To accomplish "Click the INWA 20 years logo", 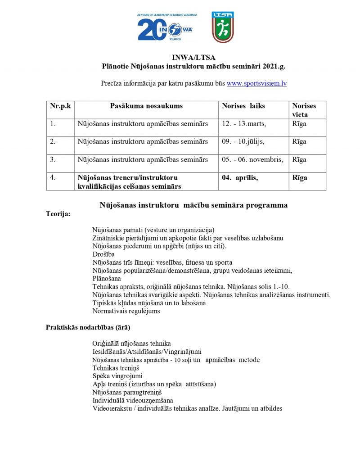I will point(165,27).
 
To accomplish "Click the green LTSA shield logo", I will point(223,27).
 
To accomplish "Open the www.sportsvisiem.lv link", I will point(256,83).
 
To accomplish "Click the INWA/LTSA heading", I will point(193,58).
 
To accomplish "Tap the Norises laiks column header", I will point(243,106).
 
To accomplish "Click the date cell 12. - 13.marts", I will point(244,124).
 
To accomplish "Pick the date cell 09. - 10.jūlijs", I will point(243,142).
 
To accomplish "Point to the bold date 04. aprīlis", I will point(240,178).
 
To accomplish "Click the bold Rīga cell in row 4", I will point(300,178).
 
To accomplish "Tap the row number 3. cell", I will point(53,160).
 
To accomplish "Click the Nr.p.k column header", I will point(60,106).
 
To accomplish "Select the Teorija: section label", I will point(58,214).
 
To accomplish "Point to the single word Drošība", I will point(103,254).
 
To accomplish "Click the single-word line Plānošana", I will point(107,279).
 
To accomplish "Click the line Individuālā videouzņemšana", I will point(133,400).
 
